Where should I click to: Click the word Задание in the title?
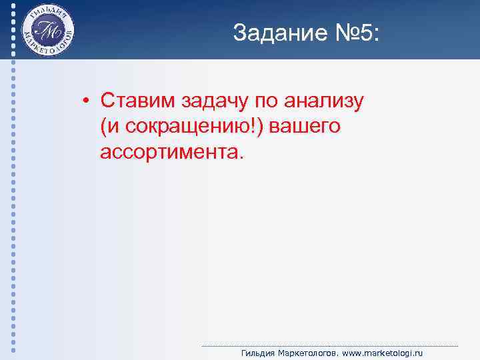273,33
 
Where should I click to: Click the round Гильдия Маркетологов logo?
49,31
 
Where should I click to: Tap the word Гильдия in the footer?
257,353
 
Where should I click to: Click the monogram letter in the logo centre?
49,31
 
